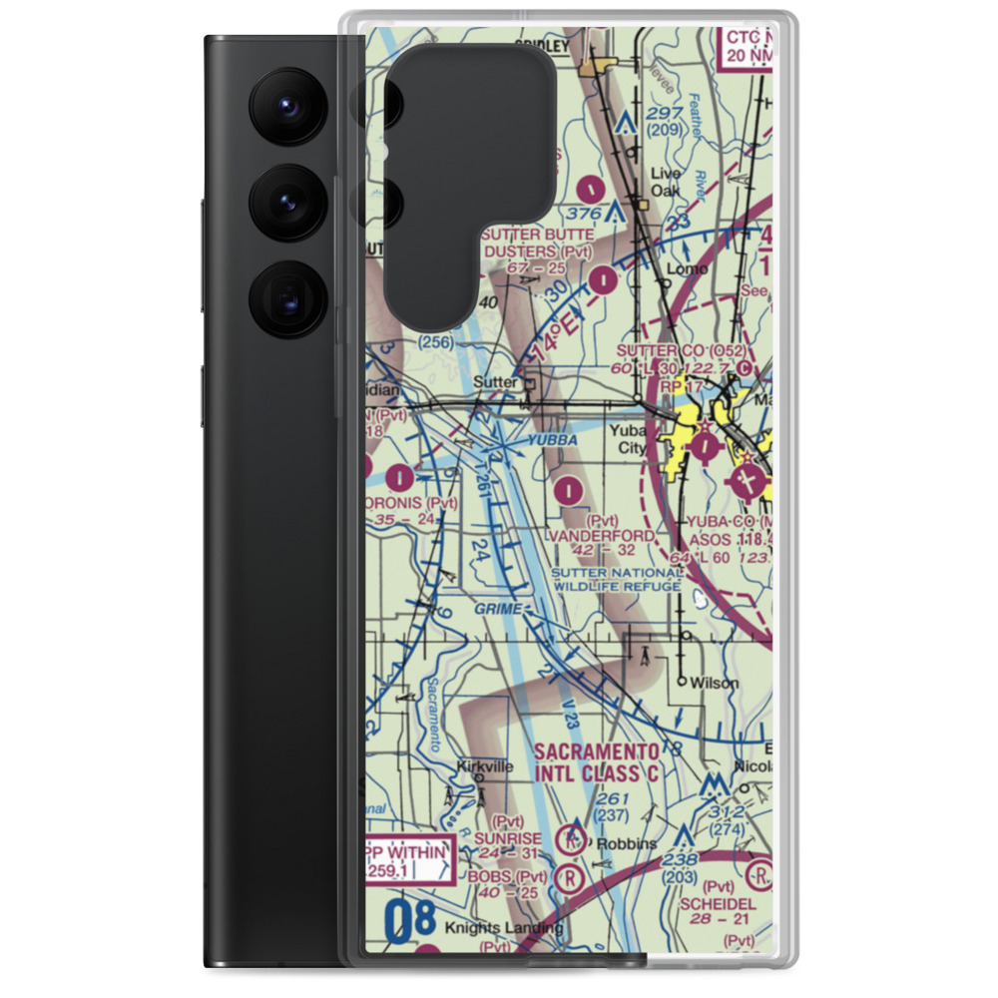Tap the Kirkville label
coord(484,766)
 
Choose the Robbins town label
coord(628,843)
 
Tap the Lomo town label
coord(688,268)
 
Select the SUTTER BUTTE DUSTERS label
coord(537,243)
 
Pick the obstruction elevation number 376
coord(583,214)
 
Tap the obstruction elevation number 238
coord(680,861)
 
